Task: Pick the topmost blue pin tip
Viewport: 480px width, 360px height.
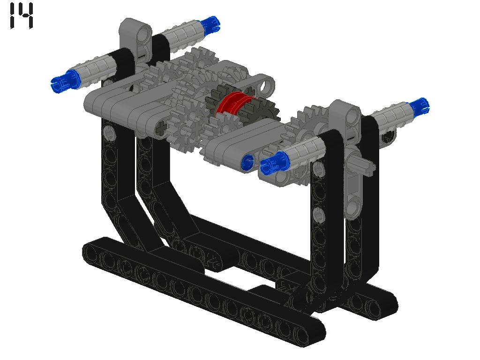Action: click(210, 23)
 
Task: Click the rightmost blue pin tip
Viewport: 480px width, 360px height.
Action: click(420, 106)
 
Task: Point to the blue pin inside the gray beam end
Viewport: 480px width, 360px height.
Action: click(247, 161)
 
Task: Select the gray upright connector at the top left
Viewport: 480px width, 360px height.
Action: click(135, 39)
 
